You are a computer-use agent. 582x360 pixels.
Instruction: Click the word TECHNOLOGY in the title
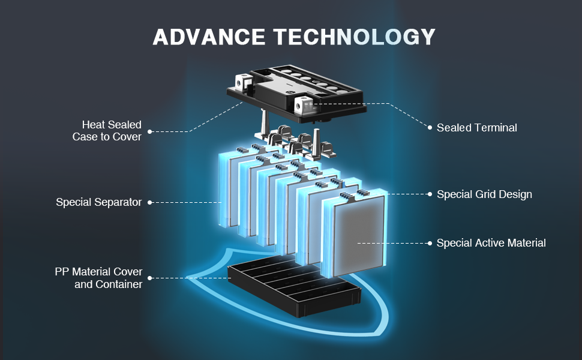coord(355,37)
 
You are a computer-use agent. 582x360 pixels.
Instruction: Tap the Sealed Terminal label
coord(476,127)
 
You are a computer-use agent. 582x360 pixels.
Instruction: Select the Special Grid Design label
coord(484,194)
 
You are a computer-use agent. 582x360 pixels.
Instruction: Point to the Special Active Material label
coord(491,243)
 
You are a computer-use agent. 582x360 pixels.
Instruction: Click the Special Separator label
coord(99,202)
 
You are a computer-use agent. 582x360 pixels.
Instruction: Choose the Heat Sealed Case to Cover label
coord(107,130)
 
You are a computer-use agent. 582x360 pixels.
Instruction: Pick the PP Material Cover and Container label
coord(99,278)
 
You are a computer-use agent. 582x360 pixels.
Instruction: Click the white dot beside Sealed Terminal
coord(430,127)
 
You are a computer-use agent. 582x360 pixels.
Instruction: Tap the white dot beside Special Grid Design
coord(430,194)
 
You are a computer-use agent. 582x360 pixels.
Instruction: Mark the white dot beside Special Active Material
coord(430,243)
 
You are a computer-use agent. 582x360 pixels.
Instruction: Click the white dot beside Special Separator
coord(149,202)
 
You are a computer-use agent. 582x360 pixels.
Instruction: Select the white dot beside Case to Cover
coord(149,131)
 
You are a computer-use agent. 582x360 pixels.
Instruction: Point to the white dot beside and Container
coord(149,278)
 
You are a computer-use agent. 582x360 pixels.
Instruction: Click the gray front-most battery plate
coord(359,234)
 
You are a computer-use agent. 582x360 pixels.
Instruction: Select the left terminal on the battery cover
coord(242,80)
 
